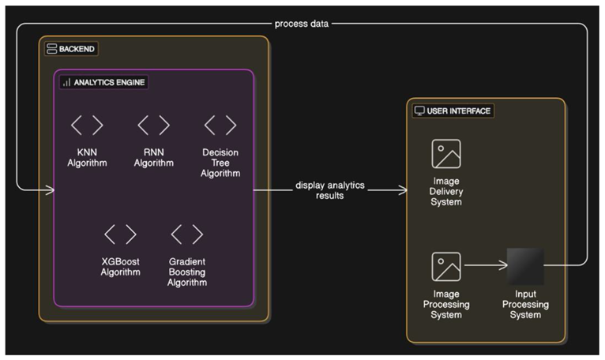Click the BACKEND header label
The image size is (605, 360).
77,49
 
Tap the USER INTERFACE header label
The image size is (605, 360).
459,111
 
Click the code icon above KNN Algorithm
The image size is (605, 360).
87,125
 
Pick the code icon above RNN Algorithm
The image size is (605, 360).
153,125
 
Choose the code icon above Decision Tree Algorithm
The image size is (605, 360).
220,125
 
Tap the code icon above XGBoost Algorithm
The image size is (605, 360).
120,234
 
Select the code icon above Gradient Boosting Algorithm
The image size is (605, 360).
187,234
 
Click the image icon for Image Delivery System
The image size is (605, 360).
445,154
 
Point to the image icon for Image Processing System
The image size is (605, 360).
445,267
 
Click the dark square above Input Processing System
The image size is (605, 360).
525,267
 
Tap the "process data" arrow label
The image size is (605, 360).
302,24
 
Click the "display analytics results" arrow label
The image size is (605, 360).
330,190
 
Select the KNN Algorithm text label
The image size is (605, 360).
87,158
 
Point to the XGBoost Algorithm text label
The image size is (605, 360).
120,267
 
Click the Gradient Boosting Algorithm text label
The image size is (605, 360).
187,272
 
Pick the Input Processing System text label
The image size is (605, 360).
525,305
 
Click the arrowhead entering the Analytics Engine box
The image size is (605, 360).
51,190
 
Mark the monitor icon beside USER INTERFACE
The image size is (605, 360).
419,111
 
